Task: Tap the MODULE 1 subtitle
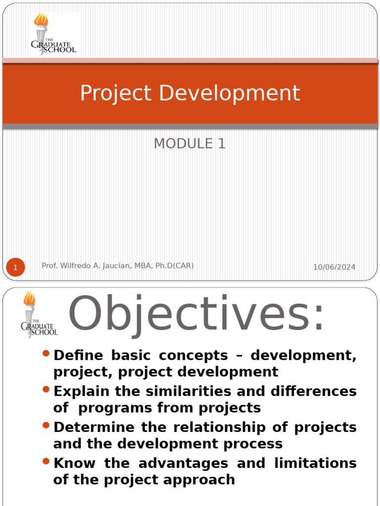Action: coord(190,143)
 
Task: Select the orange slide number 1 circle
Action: coord(15,268)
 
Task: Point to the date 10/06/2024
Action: coord(334,267)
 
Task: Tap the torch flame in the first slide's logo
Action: coord(41,20)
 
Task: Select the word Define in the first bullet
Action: coord(78,355)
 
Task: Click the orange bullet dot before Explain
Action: coord(47,389)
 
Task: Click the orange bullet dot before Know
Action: coord(47,462)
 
